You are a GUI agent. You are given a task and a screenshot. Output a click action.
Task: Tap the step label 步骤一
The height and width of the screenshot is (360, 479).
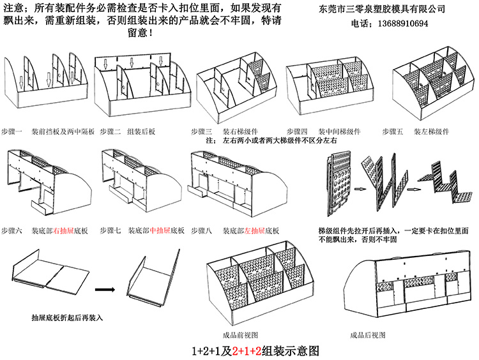(12, 131)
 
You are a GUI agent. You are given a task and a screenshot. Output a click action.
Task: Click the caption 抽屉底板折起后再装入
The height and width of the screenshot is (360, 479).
(67, 317)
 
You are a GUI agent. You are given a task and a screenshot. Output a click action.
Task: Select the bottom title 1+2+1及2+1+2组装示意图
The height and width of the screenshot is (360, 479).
(255, 350)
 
